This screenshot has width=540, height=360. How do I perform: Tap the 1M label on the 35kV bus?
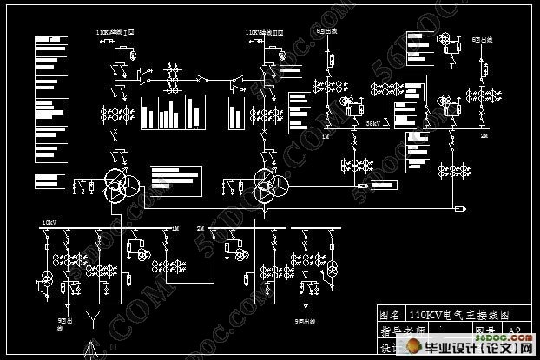326,137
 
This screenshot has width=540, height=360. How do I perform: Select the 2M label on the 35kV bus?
484,137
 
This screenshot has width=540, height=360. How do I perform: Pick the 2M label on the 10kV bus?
201,228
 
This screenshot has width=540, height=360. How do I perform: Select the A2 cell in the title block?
515,331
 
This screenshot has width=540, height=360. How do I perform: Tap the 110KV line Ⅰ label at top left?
112,32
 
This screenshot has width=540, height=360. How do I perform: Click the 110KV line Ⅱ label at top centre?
264,32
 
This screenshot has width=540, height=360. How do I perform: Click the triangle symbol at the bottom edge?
89,351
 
